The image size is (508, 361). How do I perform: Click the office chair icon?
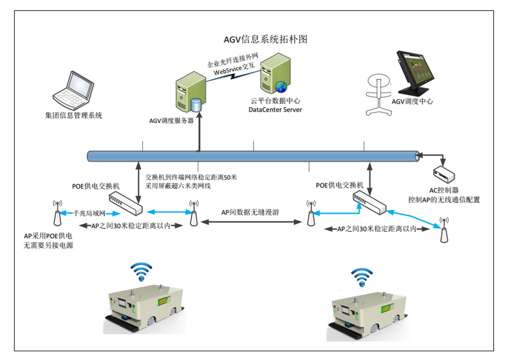377,94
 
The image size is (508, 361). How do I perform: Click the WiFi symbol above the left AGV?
142,270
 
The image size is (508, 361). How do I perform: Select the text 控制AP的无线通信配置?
444,199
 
